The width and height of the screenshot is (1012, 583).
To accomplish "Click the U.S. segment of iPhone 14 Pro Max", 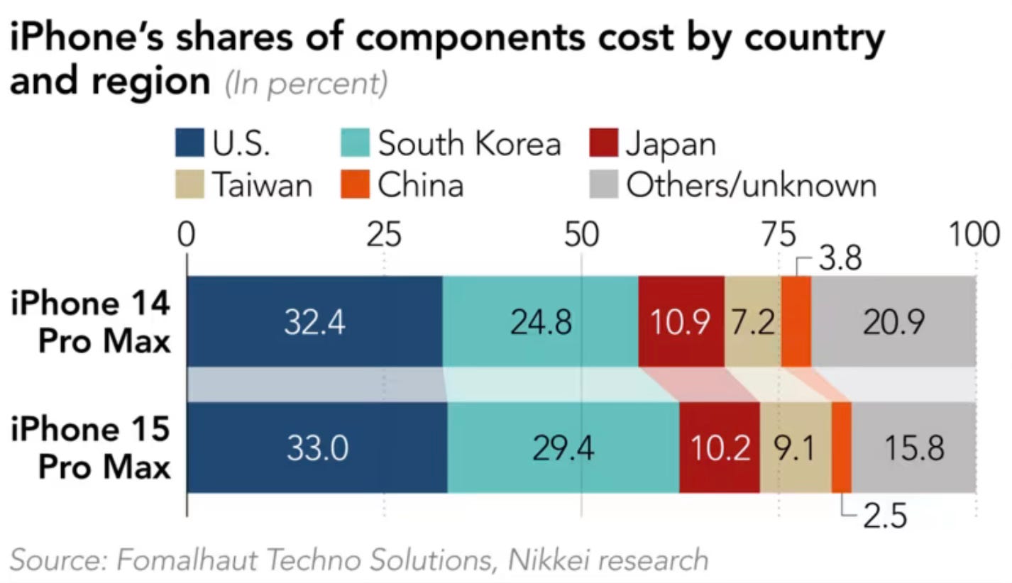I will click(x=314, y=322).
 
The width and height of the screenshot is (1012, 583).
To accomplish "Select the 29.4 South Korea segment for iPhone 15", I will click(x=563, y=448).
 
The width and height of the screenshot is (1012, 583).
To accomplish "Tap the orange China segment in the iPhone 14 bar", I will click(x=796, y=322).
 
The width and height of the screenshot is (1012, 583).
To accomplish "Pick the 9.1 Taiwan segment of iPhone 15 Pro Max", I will click(x=795, y=448).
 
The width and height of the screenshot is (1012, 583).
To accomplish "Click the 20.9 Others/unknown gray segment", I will click(x=893, y=322).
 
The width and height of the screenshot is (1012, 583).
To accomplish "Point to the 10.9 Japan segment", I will click(x=681, y=322).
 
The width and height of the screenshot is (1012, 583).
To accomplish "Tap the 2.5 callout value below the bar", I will click(x=884, y=518).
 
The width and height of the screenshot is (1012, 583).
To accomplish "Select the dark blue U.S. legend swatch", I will click(x=188, y=143).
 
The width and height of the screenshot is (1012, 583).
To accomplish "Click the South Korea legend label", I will click(x=469, y=143).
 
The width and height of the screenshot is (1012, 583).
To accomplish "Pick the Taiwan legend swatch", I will click(x=188, y=185).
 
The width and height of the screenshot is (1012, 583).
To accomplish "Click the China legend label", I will click(x=420, y=185).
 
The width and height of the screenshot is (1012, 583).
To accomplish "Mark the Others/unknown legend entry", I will click(x=750, y=185).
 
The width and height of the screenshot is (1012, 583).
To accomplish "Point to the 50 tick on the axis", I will click(x=581, y=234).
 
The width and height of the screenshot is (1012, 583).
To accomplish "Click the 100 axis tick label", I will click(x=974, y=234).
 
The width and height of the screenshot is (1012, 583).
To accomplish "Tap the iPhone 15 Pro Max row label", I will click(x=91, y=448).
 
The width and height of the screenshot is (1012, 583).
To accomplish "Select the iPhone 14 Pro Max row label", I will click(x=91, y=322).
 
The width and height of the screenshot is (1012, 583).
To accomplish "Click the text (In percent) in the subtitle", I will click(x=306, y=85).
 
